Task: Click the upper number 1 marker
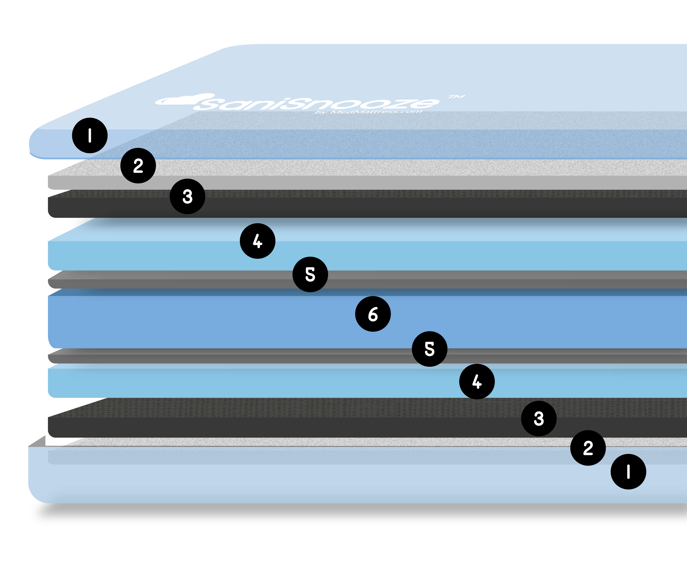pyautogui.click(x=90, y=135)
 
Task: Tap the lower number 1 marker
pyautogui.click(x=628, y=472)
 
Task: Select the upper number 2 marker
pyautogui.click(x=138, y=166)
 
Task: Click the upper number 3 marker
pyautogui.click(x=187, y=196)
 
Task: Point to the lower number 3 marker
pyautogui.click(x=539, y=418)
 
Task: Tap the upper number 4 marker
pyautogui.click(x=257, y=241)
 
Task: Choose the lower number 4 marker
pyautogui.click(x=477, y=381)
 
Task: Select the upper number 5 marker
pyautogui.click(x=310, y=274)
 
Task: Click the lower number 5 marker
pyautogui.click(x=429, y=349)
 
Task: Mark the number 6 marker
pyautogui.click(x=373, y=314)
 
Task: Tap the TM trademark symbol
pyautogui.click(x=457, y=97)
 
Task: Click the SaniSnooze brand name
pyautogui.click(x=318, y=103)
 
